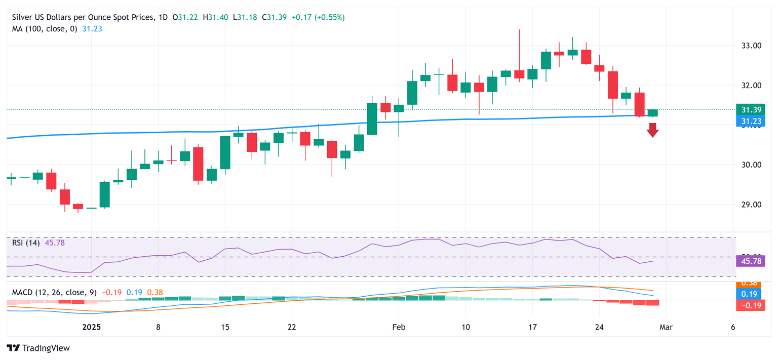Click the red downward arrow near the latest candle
pos(652,130)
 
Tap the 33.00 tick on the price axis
pos(752,46)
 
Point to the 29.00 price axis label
pos(752,205)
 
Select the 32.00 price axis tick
pos(752,86)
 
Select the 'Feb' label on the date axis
pos(399,327)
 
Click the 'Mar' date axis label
pos(666,327)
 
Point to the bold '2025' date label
pos(91,327)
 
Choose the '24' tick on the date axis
pos(599,327)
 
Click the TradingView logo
pos(38,348)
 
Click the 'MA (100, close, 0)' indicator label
pos(45,29)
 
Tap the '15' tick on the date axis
pos(225,327)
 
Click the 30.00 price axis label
pos(752,165)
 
